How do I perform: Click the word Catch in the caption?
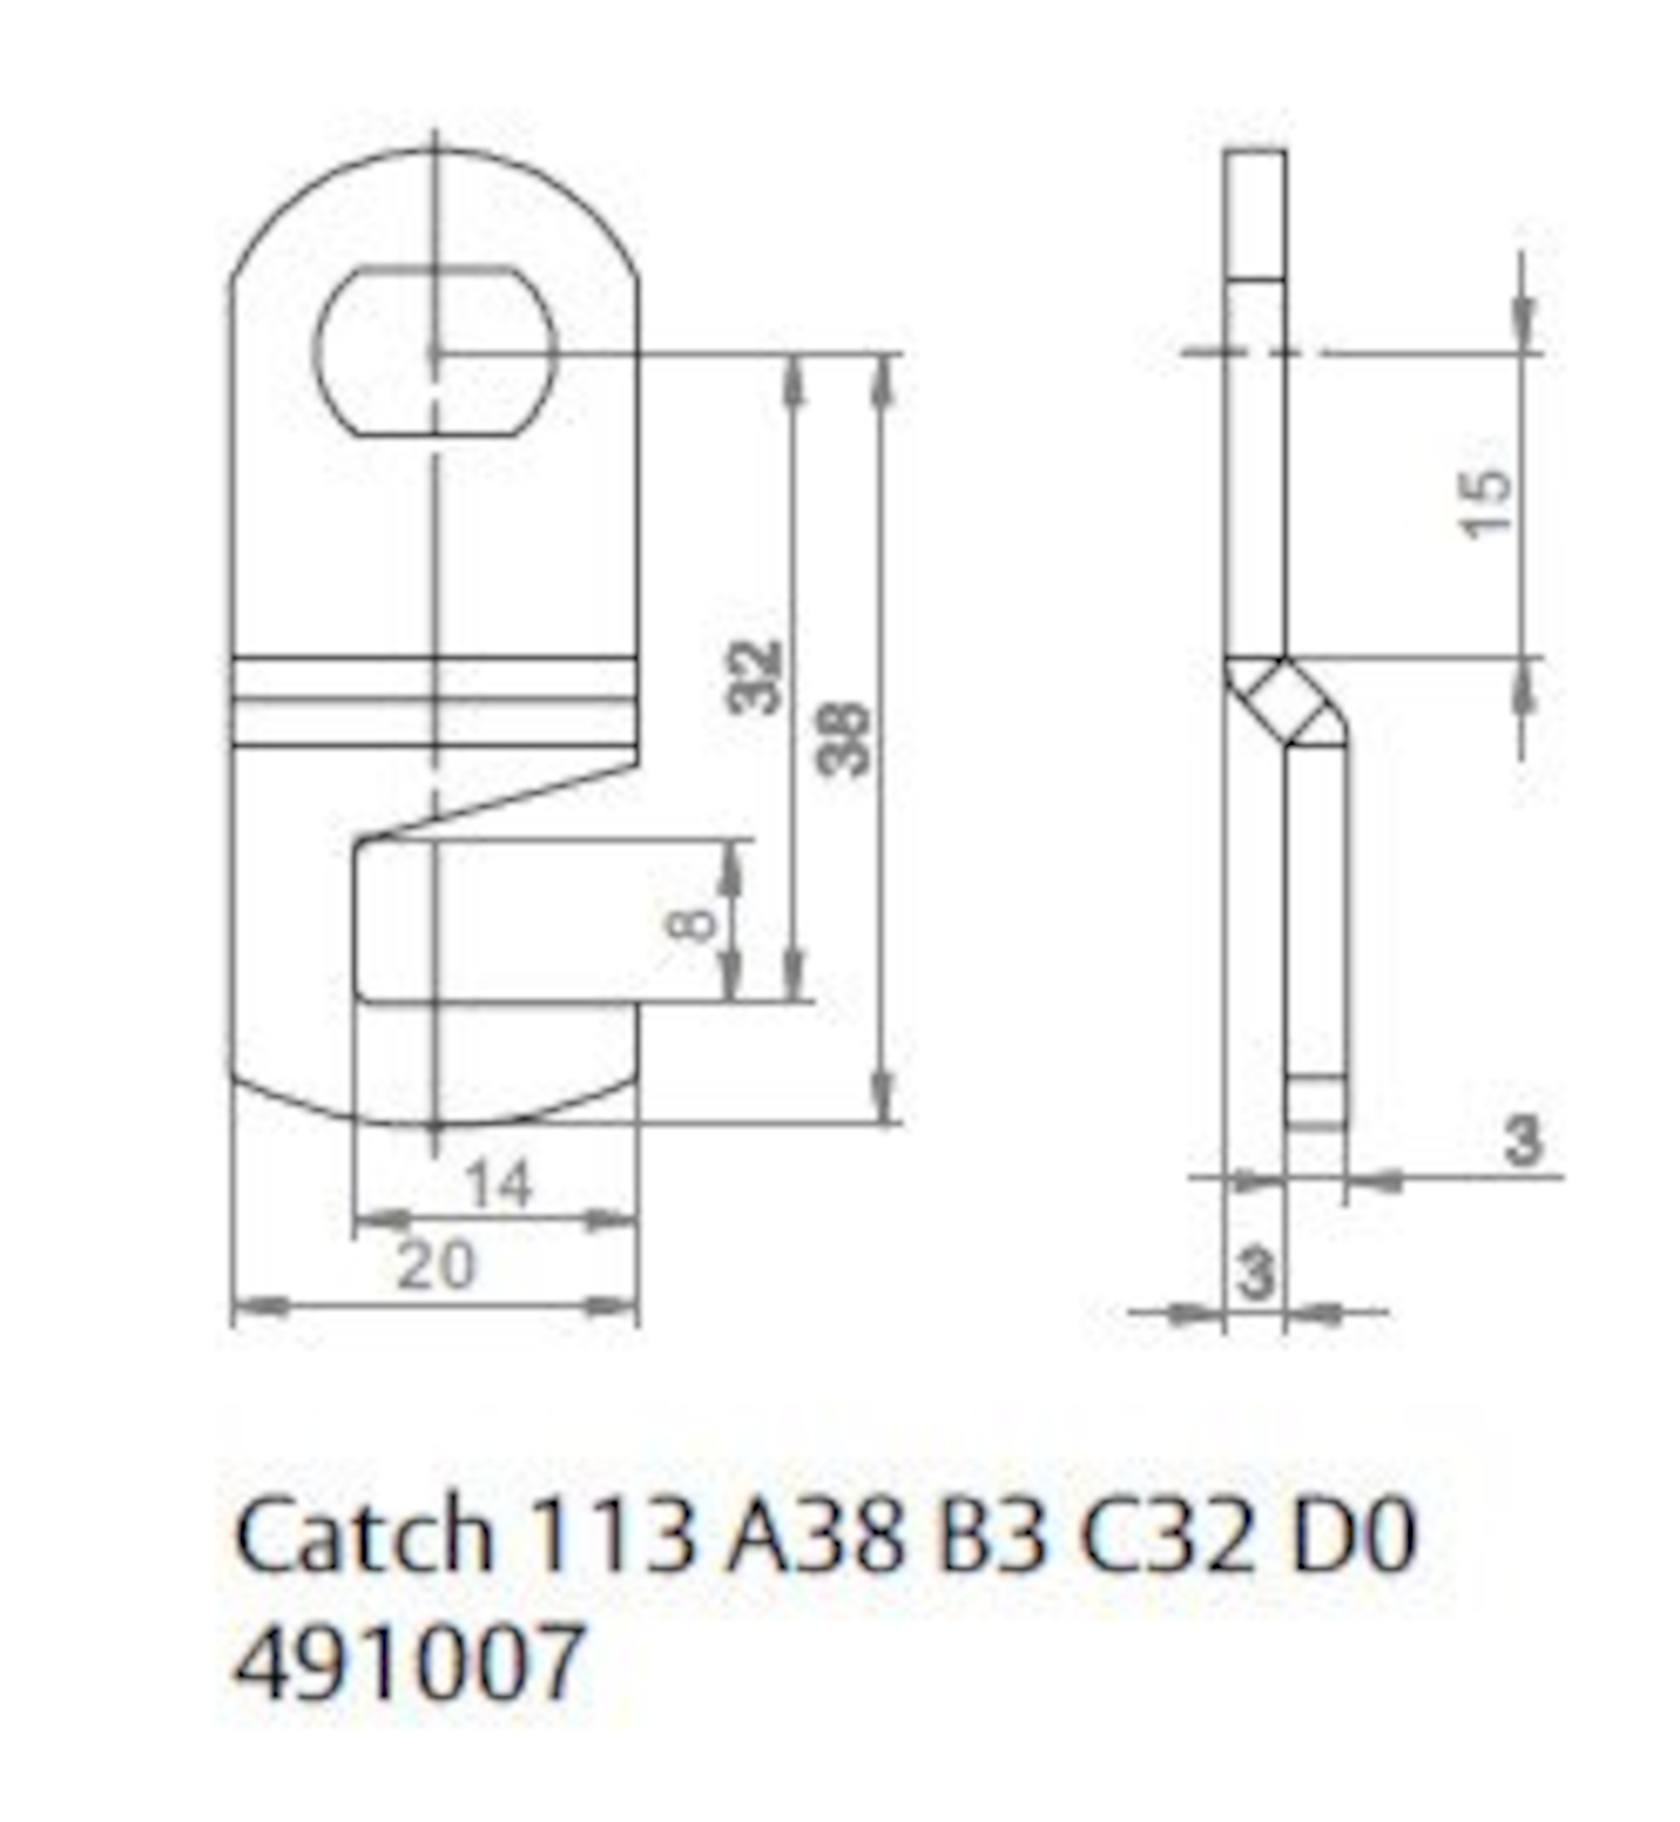(x=364, y=1537)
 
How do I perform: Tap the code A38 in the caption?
(x=815, y=1537)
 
